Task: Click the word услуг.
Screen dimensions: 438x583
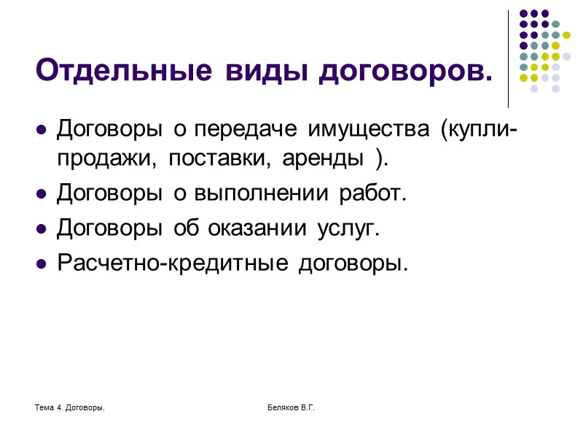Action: [x=349, y=229]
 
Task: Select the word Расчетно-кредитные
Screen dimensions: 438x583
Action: [x=173, y=264]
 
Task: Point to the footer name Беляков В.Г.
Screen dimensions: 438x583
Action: [x=290, y=407]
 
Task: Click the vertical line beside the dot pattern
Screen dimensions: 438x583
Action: [x=508, y=58]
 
